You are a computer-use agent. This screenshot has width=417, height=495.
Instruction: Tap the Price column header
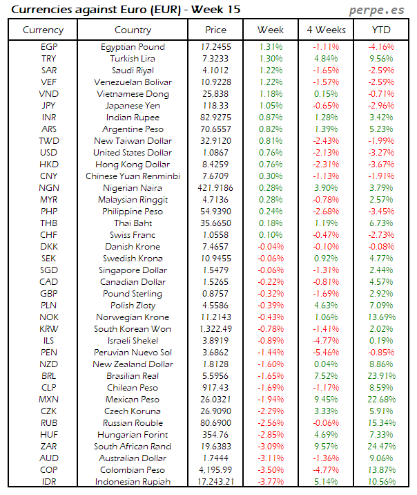click(215, 30)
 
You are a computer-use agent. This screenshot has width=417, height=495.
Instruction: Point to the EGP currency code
click(49, 47)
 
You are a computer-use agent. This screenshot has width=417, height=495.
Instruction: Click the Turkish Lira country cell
click(133, 59)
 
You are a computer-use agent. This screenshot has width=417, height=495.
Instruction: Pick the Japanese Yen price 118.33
click(215, 106)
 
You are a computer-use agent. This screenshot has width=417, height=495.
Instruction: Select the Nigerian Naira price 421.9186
click(215, 188)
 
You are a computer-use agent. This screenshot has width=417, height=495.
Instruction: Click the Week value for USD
click(271, 153)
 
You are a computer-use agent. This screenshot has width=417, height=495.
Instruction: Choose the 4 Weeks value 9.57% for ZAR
click(325, 447)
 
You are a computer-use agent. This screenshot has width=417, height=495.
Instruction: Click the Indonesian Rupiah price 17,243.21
click(215, 482)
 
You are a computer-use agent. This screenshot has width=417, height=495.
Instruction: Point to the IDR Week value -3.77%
click(271, 482)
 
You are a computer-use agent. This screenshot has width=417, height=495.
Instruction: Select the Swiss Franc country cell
click(133, 235)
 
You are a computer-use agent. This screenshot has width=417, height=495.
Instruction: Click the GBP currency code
click(49, 294)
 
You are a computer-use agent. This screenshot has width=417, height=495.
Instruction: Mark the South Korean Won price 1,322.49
click(215, 329)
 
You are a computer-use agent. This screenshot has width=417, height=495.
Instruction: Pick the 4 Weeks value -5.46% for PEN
click(325, 353)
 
